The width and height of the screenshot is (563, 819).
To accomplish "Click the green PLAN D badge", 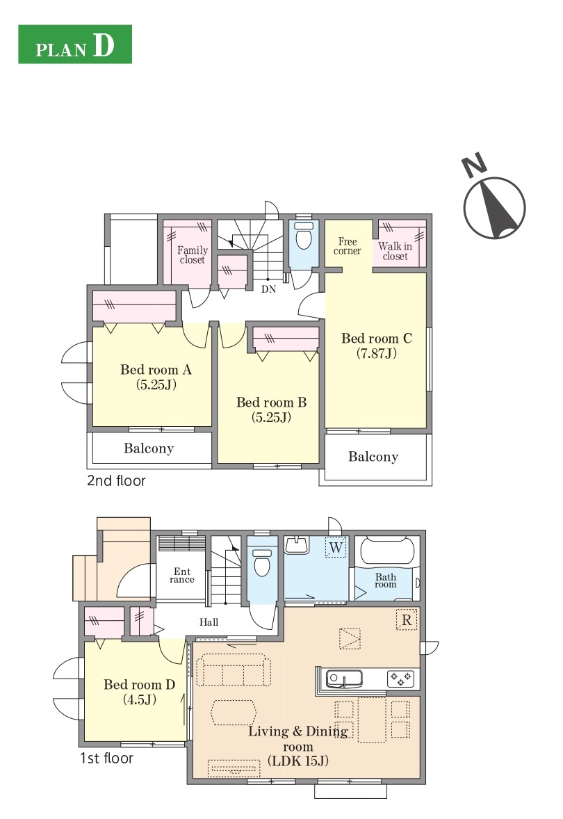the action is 74,44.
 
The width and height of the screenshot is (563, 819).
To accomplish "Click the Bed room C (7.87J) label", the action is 377,346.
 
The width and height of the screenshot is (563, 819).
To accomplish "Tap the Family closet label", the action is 193,255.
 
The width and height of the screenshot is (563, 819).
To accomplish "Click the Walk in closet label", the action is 395,251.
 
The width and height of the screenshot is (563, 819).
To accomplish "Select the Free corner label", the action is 348,246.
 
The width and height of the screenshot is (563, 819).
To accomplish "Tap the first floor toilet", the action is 261,562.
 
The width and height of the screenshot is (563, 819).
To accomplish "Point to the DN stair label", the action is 268,289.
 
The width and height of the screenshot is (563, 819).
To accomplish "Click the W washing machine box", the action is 336,547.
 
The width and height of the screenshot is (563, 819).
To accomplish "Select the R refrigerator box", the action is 407,620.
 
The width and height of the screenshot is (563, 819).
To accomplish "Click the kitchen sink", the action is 344,679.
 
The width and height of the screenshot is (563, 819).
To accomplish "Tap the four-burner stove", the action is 400,679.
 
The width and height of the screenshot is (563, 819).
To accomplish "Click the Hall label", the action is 209,622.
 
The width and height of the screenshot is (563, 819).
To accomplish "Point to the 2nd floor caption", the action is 117,480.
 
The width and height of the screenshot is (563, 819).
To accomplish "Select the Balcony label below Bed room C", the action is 373,457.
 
